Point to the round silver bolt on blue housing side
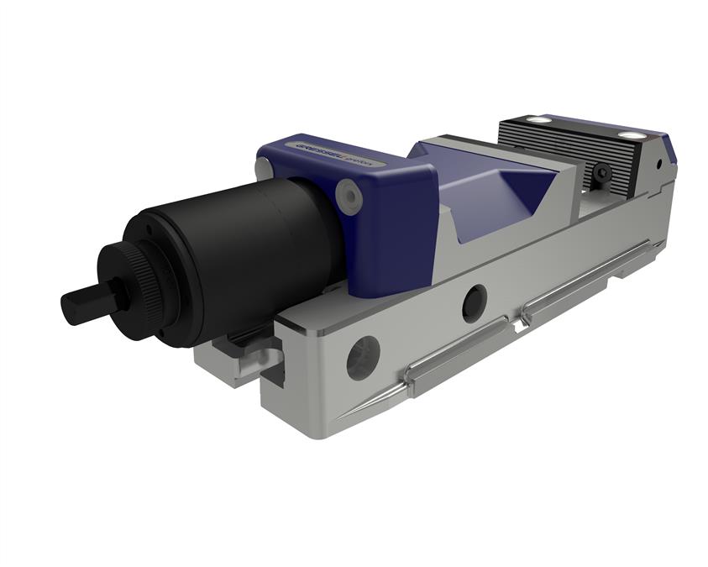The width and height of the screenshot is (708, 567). pyautogui.click(x=348, y=195)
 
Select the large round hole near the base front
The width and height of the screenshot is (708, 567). pyautogui.click(x=363, y=357)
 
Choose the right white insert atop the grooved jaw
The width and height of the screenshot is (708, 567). pyautogui.click(x=631, y=136)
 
